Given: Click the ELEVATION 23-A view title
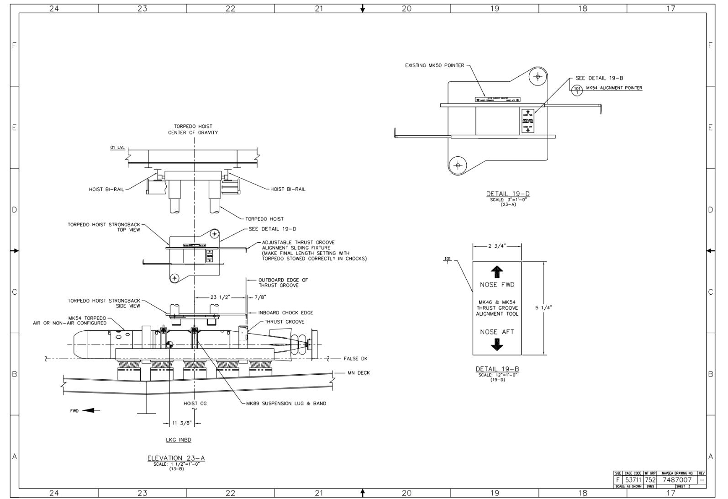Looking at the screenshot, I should pos(176,458).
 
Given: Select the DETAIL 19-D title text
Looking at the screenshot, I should pos(508,194).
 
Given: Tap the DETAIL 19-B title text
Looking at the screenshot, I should pos(497,369).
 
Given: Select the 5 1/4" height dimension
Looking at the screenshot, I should pos(543,308).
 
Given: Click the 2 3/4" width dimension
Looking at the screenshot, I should pos(496,246).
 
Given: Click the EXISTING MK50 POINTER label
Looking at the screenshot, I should pos(434,65).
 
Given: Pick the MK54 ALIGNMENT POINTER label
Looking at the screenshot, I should pos(614,88).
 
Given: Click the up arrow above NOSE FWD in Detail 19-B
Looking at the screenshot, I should pos(497,272).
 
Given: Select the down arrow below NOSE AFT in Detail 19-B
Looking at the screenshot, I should pos(497,345).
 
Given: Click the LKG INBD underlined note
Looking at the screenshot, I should pos(178,440).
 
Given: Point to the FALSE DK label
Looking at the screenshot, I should pos(355,359).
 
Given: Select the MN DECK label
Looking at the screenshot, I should pos(359,373).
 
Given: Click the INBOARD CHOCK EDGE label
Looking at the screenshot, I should pos(285,313).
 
